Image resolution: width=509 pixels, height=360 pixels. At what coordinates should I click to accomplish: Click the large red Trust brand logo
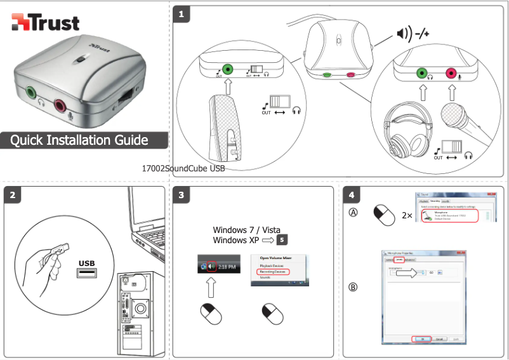tap(46, 23)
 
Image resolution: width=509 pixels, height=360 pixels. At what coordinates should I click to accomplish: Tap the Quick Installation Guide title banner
tap(79, 140)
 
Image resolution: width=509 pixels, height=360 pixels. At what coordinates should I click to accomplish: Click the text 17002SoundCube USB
tap(184, 169)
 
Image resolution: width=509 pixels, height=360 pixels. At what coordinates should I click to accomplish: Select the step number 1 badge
tap(183, 13)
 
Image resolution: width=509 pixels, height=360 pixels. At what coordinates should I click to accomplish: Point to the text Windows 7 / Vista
tap(246, 229)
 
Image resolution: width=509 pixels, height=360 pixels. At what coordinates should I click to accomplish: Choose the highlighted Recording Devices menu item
tap(273, 272)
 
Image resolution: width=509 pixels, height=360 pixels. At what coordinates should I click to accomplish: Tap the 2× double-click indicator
tap(407, 215)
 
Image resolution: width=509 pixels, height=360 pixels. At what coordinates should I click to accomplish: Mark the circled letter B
tap(353, 287)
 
